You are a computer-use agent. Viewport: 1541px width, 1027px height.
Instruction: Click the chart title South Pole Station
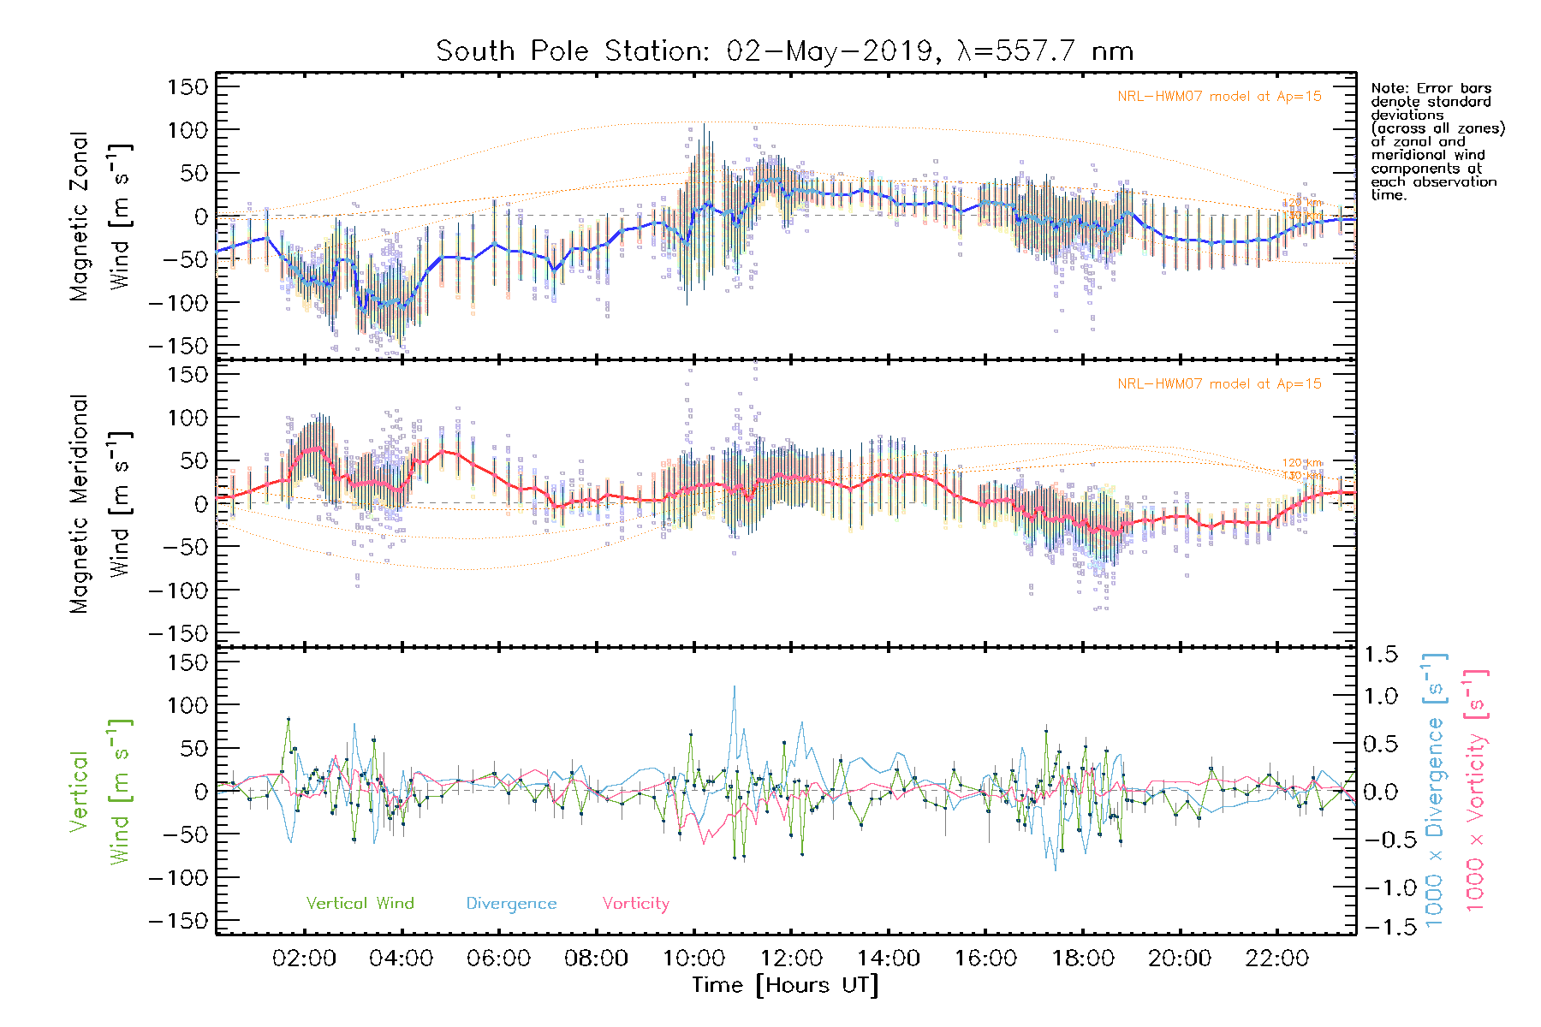pos(784,51)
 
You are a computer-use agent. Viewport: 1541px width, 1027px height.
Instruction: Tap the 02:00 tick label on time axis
pos(304,959)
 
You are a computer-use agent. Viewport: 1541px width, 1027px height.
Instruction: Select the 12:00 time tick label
pos(791,959)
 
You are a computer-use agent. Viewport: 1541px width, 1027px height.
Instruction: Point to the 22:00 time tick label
pos(1277,959)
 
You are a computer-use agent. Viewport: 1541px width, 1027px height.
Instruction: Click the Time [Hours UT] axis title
pos(785,985)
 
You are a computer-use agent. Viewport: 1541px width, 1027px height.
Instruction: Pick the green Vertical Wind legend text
pos(360,904)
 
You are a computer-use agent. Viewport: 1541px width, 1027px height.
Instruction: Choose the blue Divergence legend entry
pos(511,904)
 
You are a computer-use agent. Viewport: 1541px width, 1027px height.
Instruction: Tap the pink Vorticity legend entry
pos(635,904)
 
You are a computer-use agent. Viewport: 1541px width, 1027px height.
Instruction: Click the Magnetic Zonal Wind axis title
pos(99,217)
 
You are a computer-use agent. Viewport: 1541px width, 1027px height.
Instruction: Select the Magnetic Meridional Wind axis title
pos(99,504)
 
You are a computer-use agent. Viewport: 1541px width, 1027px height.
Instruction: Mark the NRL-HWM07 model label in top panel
pos(1219,97)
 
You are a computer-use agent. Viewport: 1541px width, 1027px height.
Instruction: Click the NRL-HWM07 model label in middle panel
pos(1219,384)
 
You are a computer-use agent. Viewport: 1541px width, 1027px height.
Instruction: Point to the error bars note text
pos(1437,141)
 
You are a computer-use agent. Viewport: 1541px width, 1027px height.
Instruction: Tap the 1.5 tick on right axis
pos(1381,655)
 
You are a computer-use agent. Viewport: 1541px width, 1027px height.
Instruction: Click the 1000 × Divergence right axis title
pos(1435,792)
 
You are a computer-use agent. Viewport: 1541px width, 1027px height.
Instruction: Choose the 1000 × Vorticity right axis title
pos(1476,792)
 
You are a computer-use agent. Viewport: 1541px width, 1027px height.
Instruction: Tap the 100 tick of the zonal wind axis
pos(188,130)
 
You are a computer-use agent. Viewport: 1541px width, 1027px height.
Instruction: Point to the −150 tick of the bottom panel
pos(178,921)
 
